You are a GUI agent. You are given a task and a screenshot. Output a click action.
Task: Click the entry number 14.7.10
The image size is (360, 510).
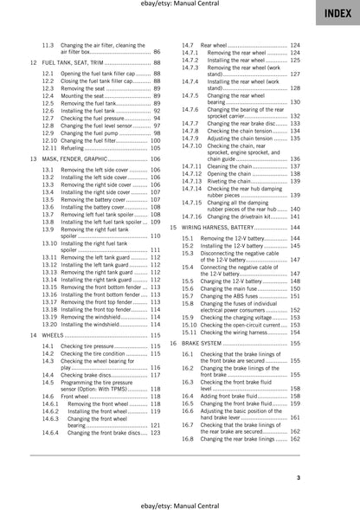(192, 145)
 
